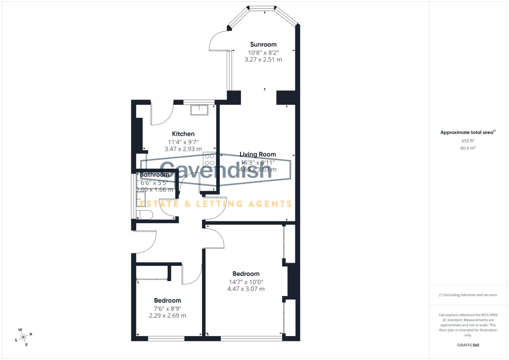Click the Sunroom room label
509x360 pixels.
263,44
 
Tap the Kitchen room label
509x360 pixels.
183,134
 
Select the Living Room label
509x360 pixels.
258,154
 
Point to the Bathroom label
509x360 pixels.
154,175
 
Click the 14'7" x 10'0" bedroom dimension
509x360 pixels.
246,282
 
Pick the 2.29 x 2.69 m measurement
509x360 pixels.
167,315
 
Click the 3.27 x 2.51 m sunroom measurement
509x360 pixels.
263,60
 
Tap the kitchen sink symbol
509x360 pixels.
199,110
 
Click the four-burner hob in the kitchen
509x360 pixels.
209,159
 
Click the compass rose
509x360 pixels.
23,337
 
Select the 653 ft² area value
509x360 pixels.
468,141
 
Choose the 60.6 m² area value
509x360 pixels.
468,148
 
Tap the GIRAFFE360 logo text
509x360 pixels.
468,345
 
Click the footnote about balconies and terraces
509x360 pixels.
468,295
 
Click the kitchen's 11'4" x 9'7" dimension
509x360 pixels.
183,142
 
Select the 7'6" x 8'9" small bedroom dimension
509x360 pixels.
167,308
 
